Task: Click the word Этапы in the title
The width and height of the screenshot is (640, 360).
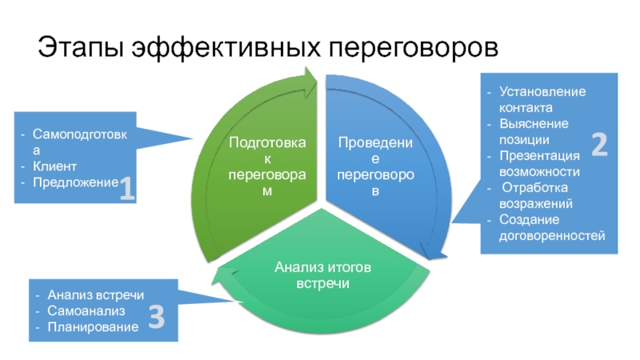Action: pyautogui.click(x=79, y=46)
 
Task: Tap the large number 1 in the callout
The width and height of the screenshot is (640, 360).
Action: pyautogui.click(x=126, y=190)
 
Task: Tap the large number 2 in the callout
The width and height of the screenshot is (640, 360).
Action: pyautogui.click(x=599, y=144)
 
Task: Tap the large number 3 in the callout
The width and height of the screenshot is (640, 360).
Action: pyautogui.click(x=157, y=318)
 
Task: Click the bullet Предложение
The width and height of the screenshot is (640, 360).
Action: pyautogui.click(x=74, y=182)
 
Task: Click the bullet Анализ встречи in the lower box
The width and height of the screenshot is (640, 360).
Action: pyautogui.click(x=94, y=294)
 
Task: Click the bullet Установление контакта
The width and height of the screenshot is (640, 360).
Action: pyautogui.click(x=541, y=99)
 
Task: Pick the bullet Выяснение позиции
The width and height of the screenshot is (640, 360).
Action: pyautogui.click(x=534, y=131)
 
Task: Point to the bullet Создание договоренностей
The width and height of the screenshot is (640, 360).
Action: pyautogui.click(x=551, y=227)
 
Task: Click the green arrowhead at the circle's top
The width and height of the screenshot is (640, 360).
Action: pyautogui.click(x=310, y=78)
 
